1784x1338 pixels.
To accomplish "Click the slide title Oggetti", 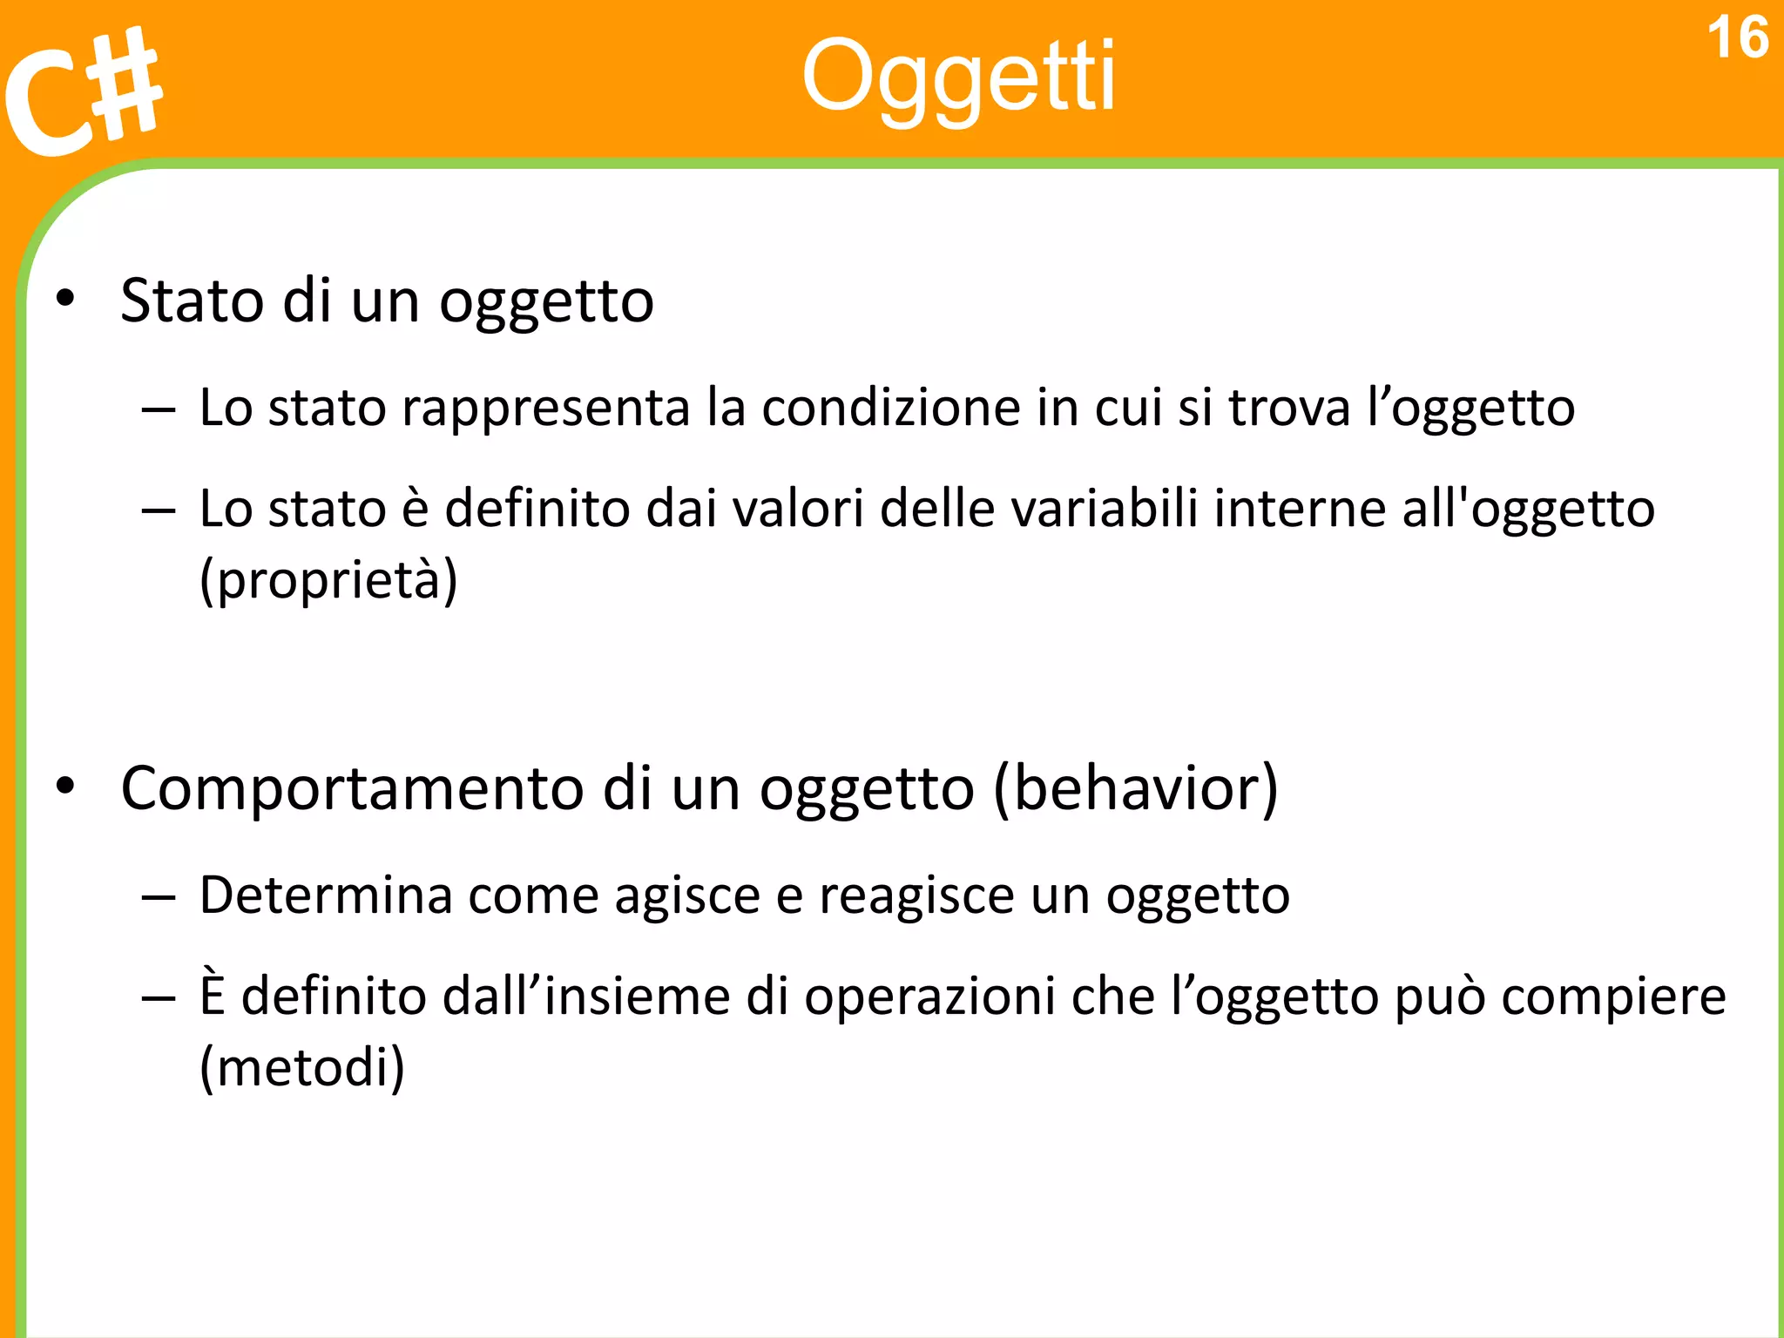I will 958,78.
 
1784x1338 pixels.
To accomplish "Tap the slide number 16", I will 1737,38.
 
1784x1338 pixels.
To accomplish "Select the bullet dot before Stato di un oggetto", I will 65,300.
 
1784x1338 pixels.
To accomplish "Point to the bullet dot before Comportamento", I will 65,787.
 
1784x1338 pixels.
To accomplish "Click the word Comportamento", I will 352,788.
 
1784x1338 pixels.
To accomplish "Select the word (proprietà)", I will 328,580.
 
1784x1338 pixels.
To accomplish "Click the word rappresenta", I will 545,409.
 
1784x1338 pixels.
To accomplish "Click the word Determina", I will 326,895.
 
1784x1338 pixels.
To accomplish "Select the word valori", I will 798,509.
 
